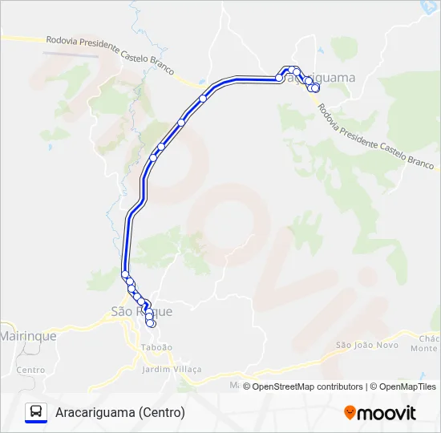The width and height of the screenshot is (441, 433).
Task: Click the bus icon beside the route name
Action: pyautogui.click(x=36, y=412)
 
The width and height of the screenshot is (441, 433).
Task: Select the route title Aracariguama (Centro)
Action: pyautogui.click(x=120, y=412)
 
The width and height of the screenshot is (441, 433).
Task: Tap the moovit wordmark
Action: pyautogui.click(x=387, y=413)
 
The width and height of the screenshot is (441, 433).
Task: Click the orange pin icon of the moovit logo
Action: pyautogui.click(x=350, y=413)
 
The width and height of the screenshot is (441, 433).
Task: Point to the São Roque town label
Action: pyautogui.click(x=141, y=311)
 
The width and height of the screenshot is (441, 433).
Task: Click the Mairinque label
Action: pyautogui.click(x=28, y=336)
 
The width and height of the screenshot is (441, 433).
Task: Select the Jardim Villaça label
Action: pyautogui.click(x=172, y=369)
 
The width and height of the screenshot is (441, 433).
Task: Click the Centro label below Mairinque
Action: pyautogui.click(x=30, y=370)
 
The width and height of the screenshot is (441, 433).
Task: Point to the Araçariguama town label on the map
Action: pyautogui.click(x=329, y=78)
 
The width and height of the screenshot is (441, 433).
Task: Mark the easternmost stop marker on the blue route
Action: pyautogui.click(x=316, y=89)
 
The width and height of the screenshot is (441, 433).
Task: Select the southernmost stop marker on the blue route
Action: pyautogui.click(x=151, y=323)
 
